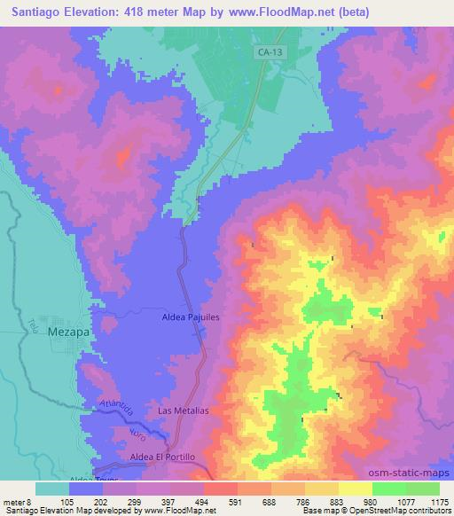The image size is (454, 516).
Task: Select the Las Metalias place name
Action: click(x=183, y=411)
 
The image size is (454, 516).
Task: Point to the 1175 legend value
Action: click(x=440, y=501)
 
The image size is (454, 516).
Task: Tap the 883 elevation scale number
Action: click(x=341, y=501)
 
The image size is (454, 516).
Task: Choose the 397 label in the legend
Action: click(x=172, y=501)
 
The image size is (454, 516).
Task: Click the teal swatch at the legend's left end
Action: click(x=52, y=489)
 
